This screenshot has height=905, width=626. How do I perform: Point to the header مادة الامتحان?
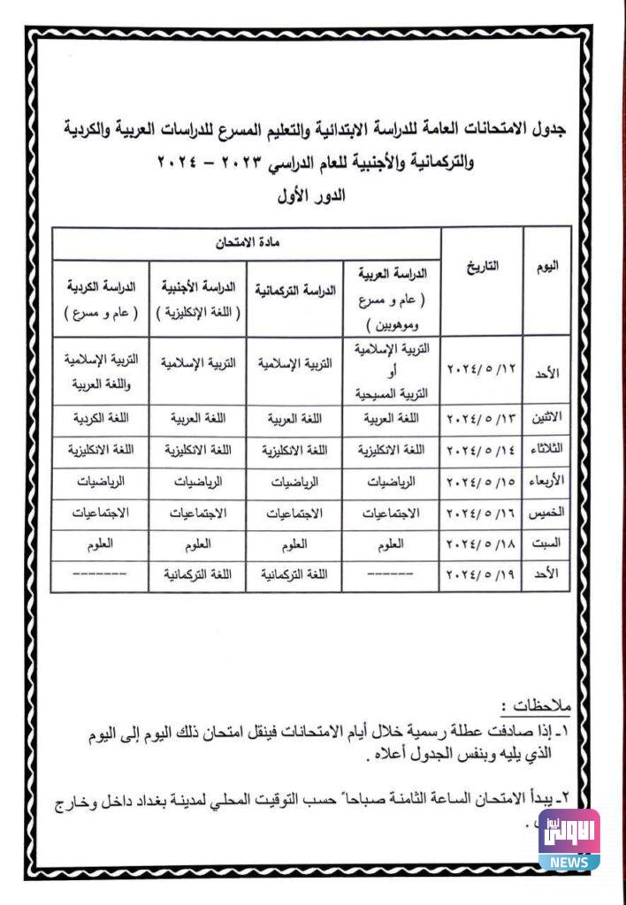[x=245, y=241]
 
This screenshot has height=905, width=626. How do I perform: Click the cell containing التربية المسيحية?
[x=391, y=369]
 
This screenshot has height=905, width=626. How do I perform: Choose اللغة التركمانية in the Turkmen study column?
[x=295, y=574]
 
